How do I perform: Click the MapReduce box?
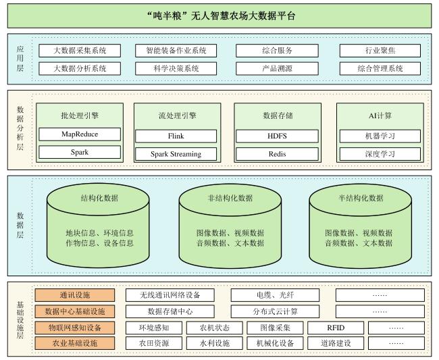(80, 134)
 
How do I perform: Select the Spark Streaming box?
(176, 154)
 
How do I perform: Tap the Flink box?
(176, 136)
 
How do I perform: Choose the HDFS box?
(277, 136)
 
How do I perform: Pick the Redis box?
(277, 154)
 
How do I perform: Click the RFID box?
(336, 328)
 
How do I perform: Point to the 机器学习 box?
(380, 136)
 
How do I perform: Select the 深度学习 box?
(380, 154)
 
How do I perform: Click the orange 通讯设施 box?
(75, 295)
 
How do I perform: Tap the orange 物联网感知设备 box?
(75, 328)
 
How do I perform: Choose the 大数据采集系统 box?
(80, 51)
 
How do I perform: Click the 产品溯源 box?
(277, 69)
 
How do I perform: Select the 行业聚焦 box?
(380, 51)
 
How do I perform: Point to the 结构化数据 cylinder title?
(99, 198)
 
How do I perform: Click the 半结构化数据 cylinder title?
(361, 198)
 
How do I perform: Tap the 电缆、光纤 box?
(275, 295)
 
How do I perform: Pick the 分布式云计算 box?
(275, 311)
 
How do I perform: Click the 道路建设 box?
(336, 343)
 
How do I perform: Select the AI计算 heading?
(380, 115)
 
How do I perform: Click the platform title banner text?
(221, 16)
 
